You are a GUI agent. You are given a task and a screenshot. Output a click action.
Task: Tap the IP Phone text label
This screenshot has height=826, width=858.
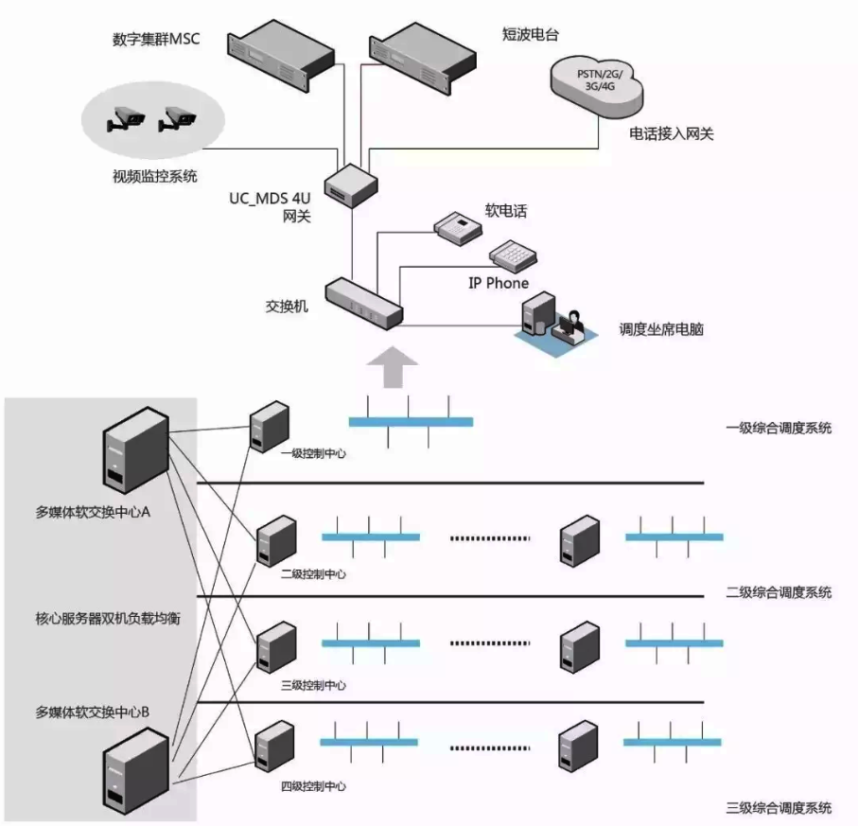coord(499,283)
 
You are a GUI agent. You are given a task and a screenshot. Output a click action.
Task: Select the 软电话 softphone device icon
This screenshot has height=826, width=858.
coord(459,224)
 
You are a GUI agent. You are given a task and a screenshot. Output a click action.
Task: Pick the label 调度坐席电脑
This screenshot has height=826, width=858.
coord(662,330)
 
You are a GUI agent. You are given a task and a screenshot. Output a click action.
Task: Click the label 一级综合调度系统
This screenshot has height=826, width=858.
coord(779,428)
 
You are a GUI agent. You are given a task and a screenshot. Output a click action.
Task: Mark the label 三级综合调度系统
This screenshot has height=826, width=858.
coord(779,807)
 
